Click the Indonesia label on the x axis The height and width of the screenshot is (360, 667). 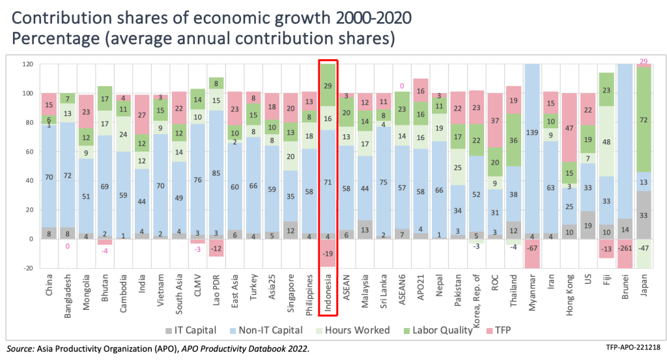click(328, 286)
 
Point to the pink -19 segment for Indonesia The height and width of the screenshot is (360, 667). click(328, 253)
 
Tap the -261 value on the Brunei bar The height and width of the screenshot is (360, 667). click(625, 248)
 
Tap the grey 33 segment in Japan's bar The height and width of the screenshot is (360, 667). click(643, 215)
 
